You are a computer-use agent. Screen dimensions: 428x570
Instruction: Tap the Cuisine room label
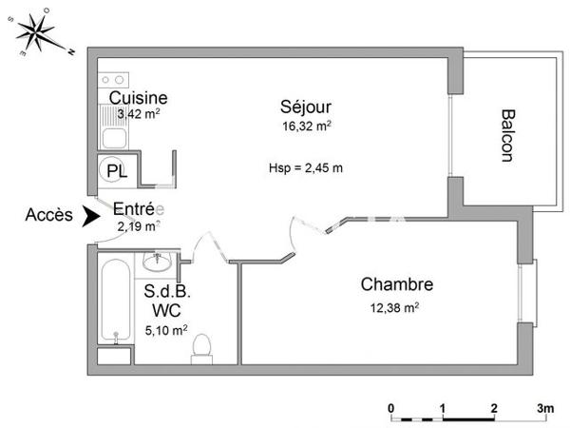point(139,98)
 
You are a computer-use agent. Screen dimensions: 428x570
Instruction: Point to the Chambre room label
point(396,284)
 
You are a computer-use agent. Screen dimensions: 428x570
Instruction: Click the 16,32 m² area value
point(305,126)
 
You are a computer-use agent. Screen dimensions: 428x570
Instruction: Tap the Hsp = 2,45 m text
point(306,168)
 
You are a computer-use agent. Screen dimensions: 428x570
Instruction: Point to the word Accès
point(49,216)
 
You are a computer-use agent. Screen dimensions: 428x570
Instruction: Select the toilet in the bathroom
point(201,348)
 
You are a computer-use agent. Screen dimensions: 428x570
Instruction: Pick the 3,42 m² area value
point(138,114)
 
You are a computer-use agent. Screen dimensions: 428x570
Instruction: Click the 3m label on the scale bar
point(545,407)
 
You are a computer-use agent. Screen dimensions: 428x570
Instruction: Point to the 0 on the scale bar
point(392,407)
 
